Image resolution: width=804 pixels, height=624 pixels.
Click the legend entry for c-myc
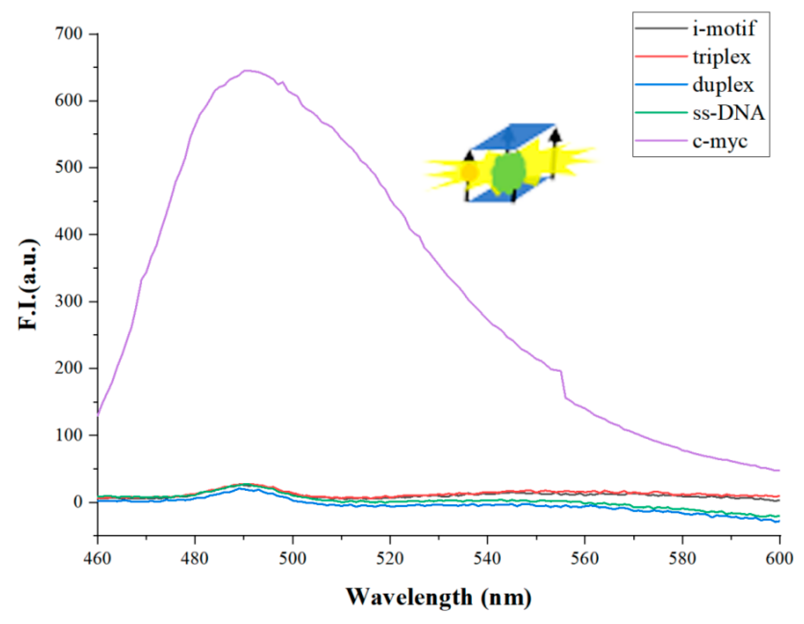point(720,141)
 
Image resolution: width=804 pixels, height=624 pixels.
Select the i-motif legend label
point(723,28)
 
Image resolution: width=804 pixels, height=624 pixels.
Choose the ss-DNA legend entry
point(729,113)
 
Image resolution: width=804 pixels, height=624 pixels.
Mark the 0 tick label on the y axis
point(78,502)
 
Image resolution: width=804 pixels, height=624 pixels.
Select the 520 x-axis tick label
point(389,558)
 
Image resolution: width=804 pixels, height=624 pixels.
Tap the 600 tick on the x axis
point(779,558)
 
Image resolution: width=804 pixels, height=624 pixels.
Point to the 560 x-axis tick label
point(584,558)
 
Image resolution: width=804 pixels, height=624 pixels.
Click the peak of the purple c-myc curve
point(246,71)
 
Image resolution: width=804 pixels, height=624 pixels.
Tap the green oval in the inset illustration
point(509,173)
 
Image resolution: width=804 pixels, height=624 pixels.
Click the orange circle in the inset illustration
point(470,172)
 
